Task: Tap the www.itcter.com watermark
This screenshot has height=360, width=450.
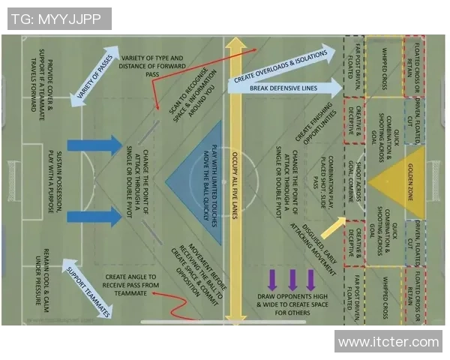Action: [388, 342]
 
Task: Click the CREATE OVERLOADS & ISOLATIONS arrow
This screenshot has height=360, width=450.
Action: [281, 64]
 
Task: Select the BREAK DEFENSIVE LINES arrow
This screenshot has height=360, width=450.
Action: [283, 88]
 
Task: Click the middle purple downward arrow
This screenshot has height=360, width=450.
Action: [290, 279]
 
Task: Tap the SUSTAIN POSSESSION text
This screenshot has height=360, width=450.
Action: [56, 180]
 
